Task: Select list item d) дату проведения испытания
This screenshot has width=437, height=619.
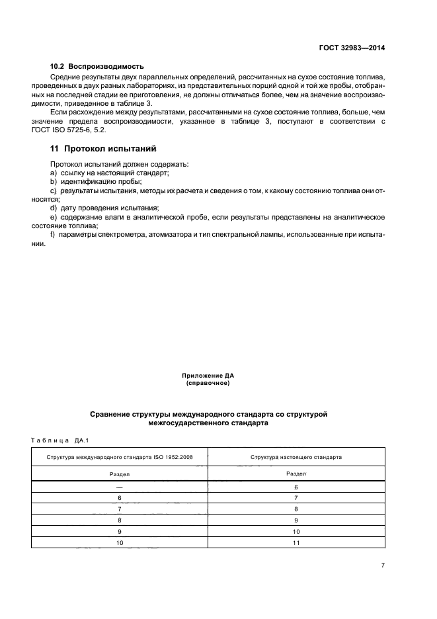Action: [x=104, y=208]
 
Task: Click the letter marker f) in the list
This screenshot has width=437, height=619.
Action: [x=53, y=235]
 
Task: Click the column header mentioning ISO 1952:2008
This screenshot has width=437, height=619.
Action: [x=120, y=457]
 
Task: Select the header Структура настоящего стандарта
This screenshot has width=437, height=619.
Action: [x=296, y=457]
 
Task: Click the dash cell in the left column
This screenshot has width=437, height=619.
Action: [x=120, y=487]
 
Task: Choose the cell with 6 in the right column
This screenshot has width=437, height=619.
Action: [x=296, y=487]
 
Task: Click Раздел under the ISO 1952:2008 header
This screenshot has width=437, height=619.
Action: [x=120, y=474]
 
